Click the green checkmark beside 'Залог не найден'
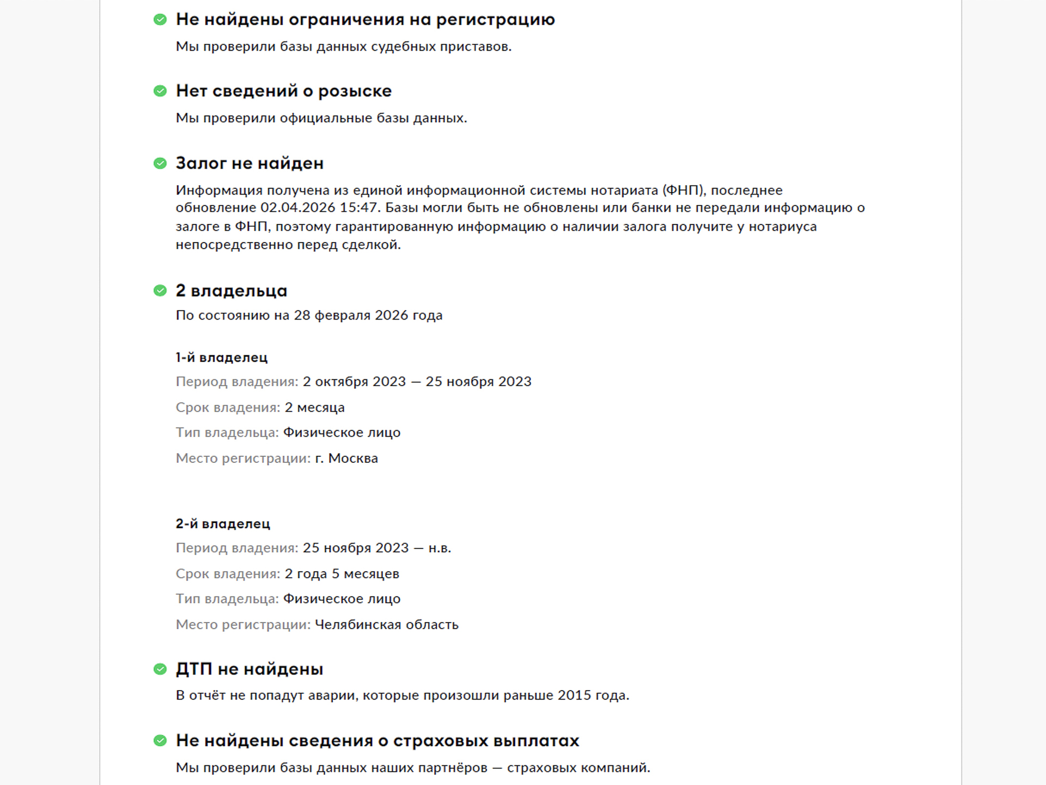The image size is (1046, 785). coord(160,164)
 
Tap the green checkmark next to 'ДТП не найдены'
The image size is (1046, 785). coord(160,669)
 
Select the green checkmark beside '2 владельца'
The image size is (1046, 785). coord(160,291)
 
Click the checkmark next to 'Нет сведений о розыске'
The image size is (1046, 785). coord(160,91)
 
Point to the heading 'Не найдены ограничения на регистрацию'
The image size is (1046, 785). coord(365,20)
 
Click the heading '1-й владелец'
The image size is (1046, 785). coord(221,358)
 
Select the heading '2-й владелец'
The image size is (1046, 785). coord(222,524)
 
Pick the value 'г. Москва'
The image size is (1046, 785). coord(346,458)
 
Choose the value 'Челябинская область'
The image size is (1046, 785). coord(387,625)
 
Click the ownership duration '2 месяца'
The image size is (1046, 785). coord(314,408)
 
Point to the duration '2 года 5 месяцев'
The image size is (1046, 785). coord(342,574)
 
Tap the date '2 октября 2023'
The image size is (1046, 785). coord(354,382)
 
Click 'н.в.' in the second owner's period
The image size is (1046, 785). coord(440,548)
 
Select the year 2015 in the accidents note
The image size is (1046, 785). coord(574,696)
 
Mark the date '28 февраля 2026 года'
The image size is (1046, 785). coord(368,316)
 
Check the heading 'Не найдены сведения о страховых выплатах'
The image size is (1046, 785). coord(377,741)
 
